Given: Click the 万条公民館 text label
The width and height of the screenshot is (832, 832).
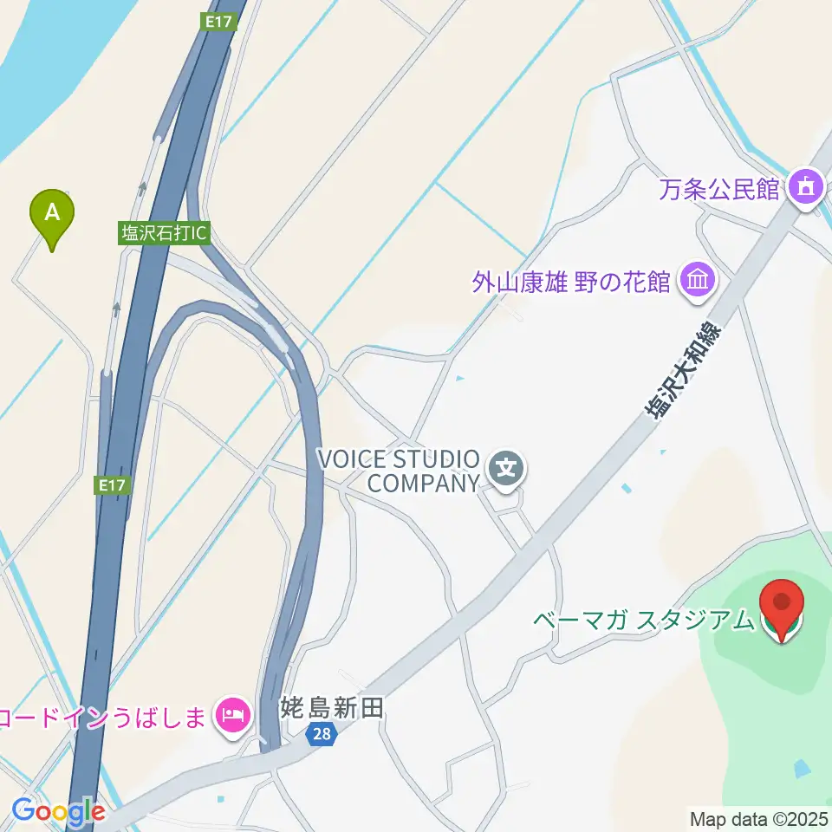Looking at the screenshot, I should point(718,188).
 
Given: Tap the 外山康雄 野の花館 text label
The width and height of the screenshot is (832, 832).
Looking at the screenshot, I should point(571,282).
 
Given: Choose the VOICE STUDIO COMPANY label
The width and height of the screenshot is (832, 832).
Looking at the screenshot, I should point(399,471).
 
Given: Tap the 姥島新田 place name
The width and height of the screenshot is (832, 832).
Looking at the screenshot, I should point(332,710).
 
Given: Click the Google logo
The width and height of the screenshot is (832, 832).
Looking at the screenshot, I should point(59,812).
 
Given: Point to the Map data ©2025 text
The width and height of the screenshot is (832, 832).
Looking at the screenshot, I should point(759,818).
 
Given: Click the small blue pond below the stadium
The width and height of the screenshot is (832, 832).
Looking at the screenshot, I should point(803,768).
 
